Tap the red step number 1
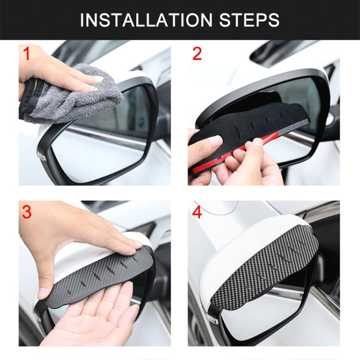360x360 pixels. [26, 54]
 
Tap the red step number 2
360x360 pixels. [197, 54]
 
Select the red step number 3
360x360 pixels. [26, 212]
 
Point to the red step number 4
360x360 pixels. [197, 212]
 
